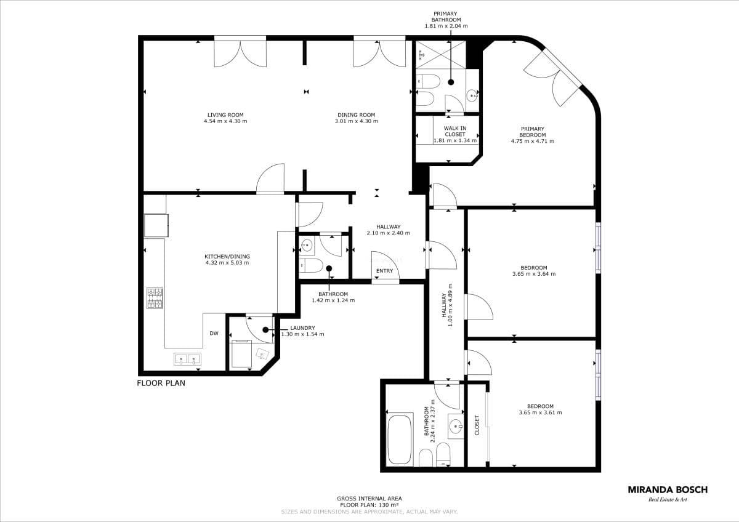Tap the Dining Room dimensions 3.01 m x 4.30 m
click(x=357, y=121)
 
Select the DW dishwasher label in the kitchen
click(x=214, y=334)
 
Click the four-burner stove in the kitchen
click(x=155, y=298)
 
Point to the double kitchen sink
click(x=187, y=359)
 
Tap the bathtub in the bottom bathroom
click(x=400, y=440)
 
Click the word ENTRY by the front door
click(x=385, y=271)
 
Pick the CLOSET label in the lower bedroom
click(x=477, y=425)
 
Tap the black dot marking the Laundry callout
click(x=265, y=330)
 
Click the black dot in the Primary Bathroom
click(x=451, y=82)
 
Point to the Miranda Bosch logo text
click(x=668, y=490)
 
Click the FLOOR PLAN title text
click(x=161, y=383)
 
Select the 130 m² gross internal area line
click(x=369, y=505)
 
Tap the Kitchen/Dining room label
click(x=227, y=260)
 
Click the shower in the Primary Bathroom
click(x=440, y=54)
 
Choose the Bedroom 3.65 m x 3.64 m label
click(x=534, y=271)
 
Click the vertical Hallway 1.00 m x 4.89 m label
click(x=447, y=305)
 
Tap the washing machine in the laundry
click(x=241, y=355)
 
